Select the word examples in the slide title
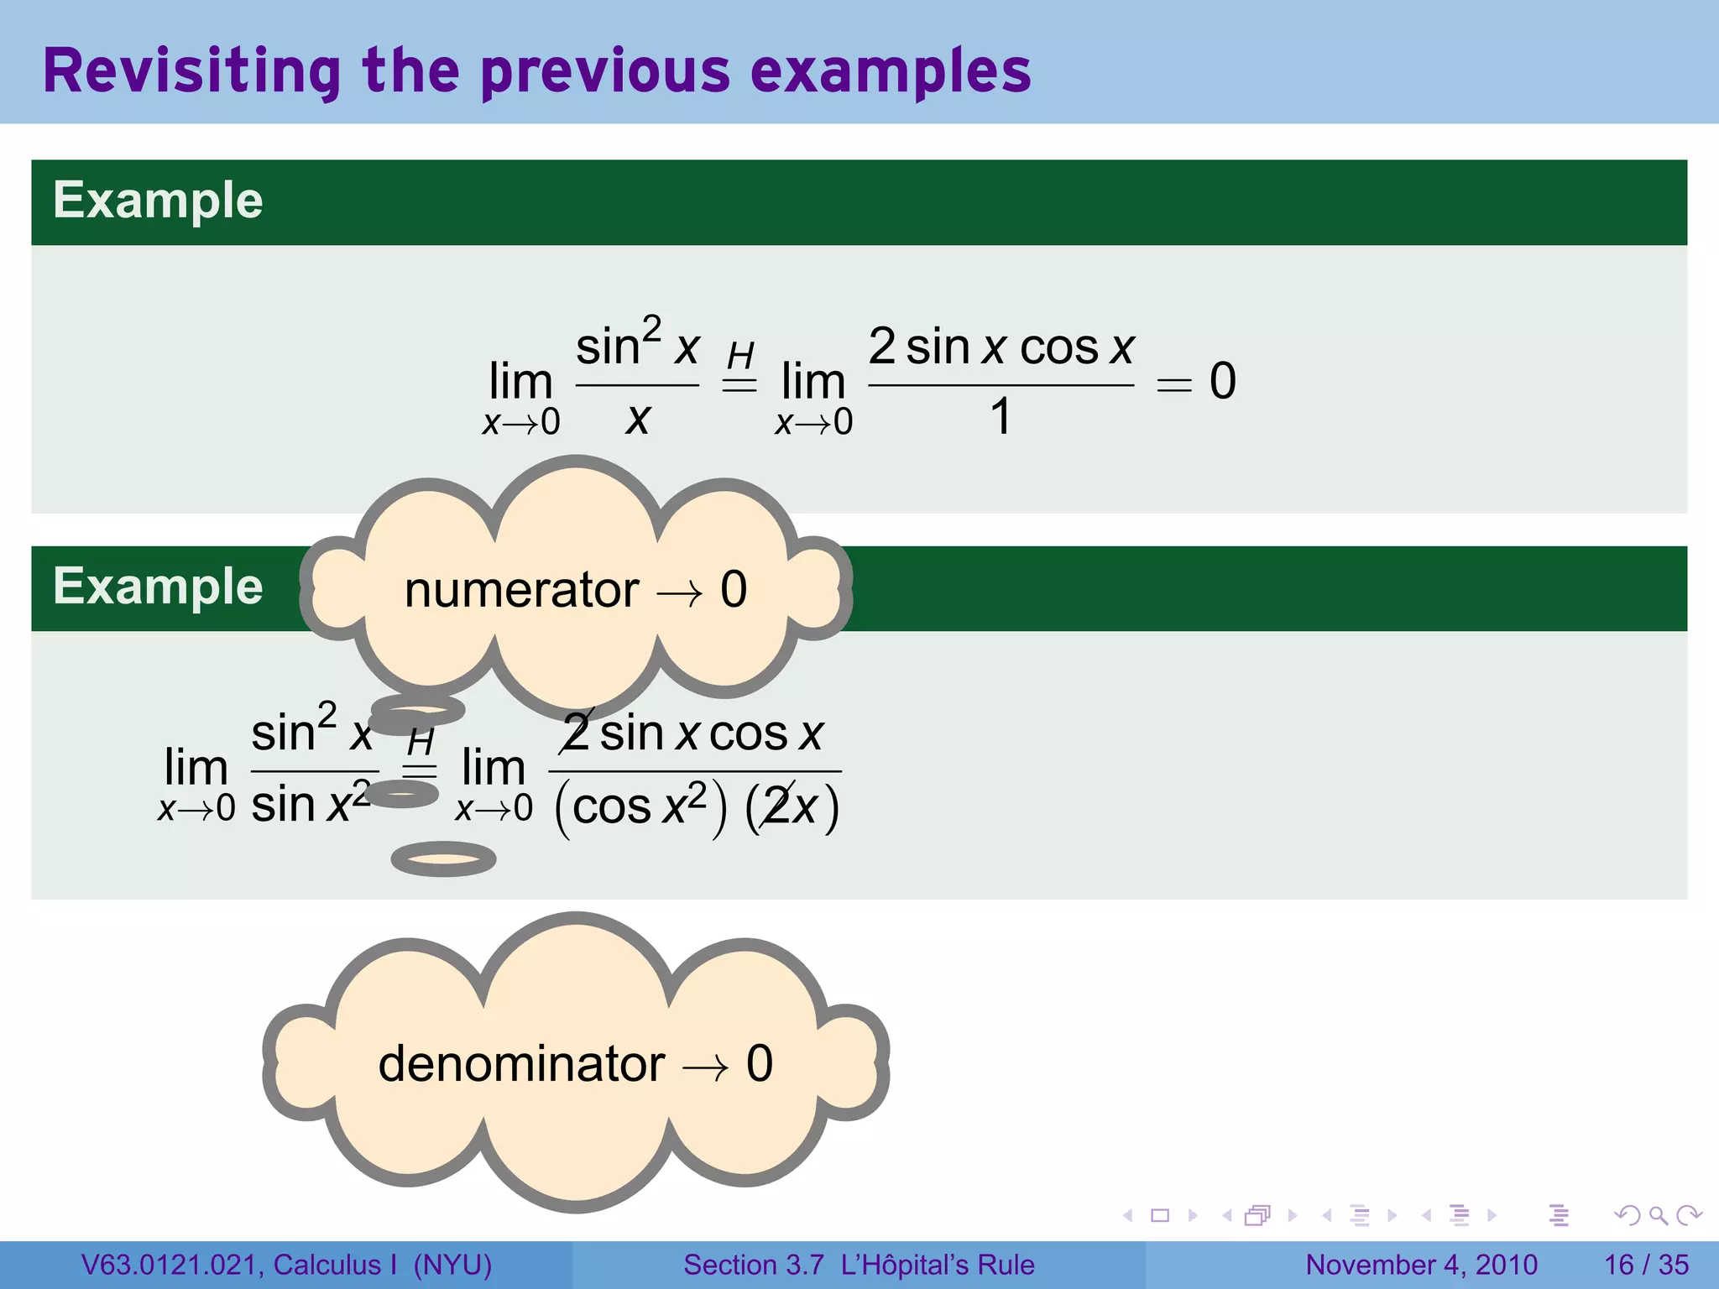[891, 71]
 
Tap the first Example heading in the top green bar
[158, 201]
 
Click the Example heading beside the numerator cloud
[158, 587]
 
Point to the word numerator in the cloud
[521, 590]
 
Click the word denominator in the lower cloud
[521, 1064]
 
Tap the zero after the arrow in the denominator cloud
[760, 1064]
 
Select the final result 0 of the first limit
[1223, 382]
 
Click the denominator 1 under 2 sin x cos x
[1001, 417]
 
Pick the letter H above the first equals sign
[740, 356]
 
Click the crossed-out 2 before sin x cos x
[577, 733]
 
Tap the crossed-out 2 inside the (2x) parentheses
[777, 808]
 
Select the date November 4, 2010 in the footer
[1421, 1265]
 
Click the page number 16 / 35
[1646, 1265]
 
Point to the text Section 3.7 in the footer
[753, 1265]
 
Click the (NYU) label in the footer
[452, 1265]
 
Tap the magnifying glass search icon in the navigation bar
[1658, 1215]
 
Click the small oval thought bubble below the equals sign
[443, 859]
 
